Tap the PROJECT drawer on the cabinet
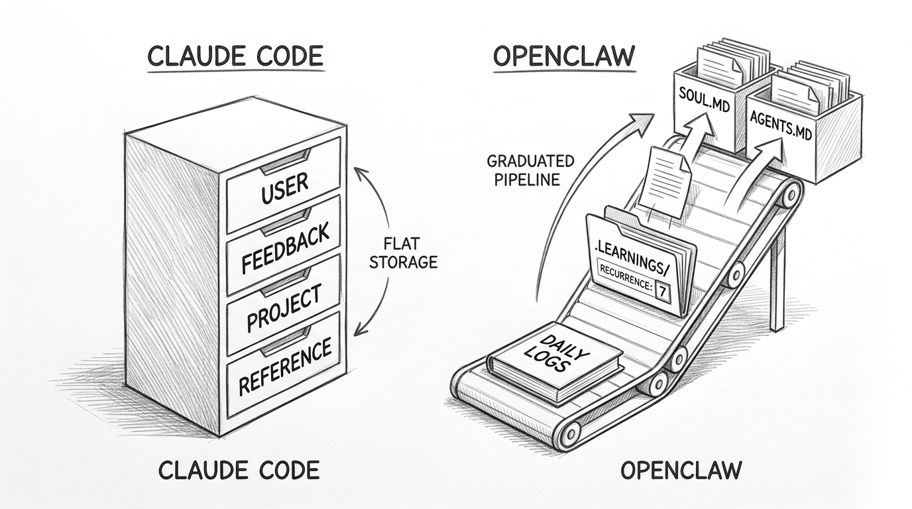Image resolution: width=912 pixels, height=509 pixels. point(284,308)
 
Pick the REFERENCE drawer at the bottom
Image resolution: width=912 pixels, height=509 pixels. point(284,366)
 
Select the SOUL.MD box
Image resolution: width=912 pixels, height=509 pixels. point(705,106)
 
